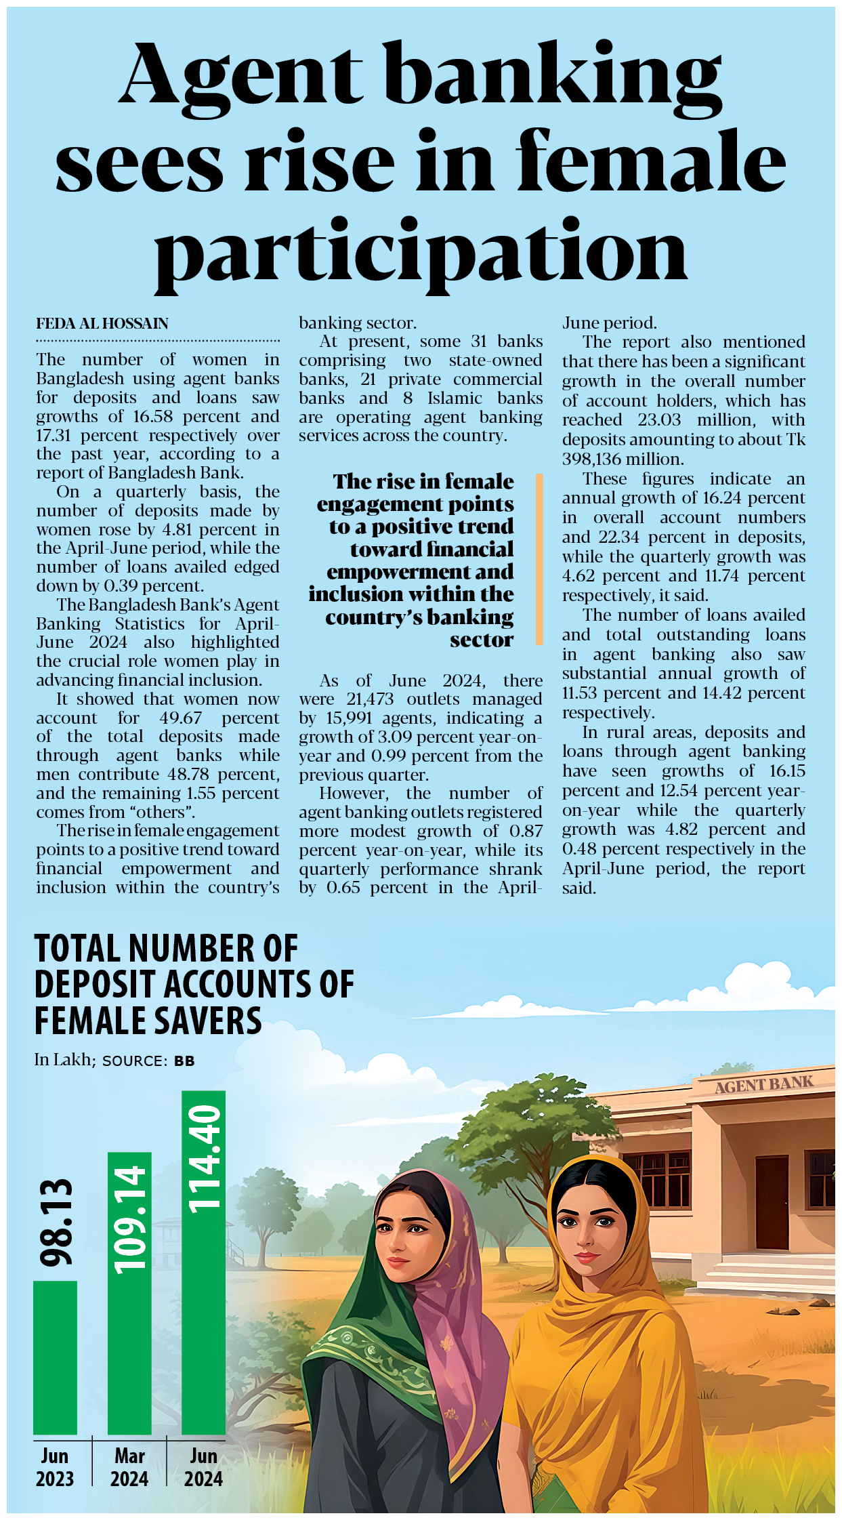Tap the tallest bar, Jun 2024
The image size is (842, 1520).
tap(203, 1288)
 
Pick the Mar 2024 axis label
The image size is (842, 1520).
tap(129, 1467)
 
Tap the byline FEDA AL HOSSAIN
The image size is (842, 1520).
tap(102, 323)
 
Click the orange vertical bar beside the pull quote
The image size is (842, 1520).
tap(539, 558)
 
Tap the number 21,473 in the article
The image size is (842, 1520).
tap(370, 699)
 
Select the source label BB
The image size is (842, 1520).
tap(184, 1061)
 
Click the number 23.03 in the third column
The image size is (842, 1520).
tap(659, 420)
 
